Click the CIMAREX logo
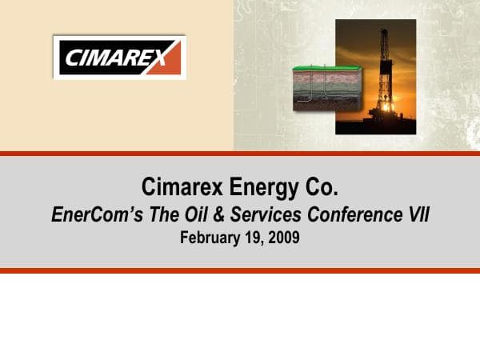click(119, 57)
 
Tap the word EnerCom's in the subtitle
click(90, 214)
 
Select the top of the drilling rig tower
click(383, 34)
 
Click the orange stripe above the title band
click(240, 153)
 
